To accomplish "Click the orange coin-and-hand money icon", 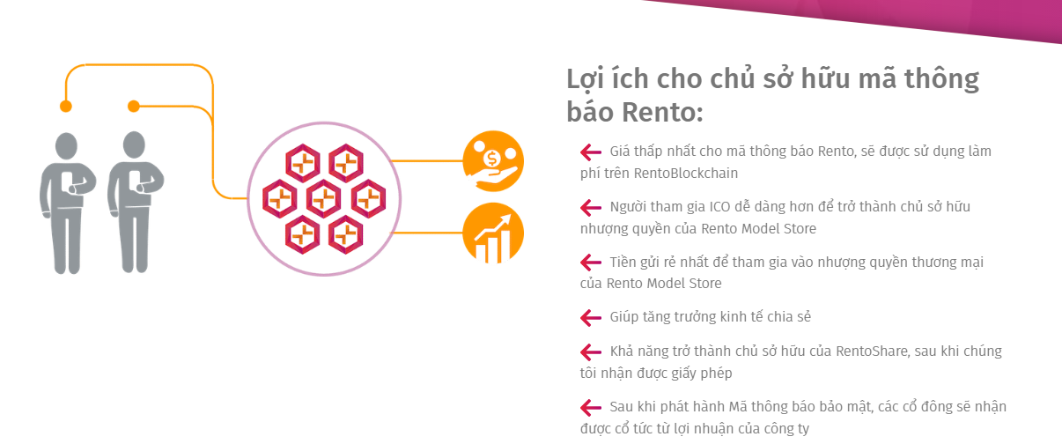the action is click(493, 161).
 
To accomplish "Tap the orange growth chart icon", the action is click(493, 233).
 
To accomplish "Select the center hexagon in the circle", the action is click(324, 199).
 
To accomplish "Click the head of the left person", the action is click(66, 146).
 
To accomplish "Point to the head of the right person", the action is click(134, 144).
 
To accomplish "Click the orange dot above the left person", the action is click(66, 106).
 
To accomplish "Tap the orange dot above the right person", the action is click(134, 106).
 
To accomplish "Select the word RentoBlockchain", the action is click(686, 174).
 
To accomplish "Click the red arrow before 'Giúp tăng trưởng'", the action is click(591, 317).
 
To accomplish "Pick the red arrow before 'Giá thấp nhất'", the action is click(591, 152).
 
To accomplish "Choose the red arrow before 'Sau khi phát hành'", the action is click(591, 407).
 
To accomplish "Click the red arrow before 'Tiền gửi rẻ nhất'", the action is click(591, 263).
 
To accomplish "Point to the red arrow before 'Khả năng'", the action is click(591, 352).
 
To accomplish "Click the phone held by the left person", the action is click(67, 181).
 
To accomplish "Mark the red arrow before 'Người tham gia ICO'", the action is click(591, 207).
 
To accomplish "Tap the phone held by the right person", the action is click(135, 180).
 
